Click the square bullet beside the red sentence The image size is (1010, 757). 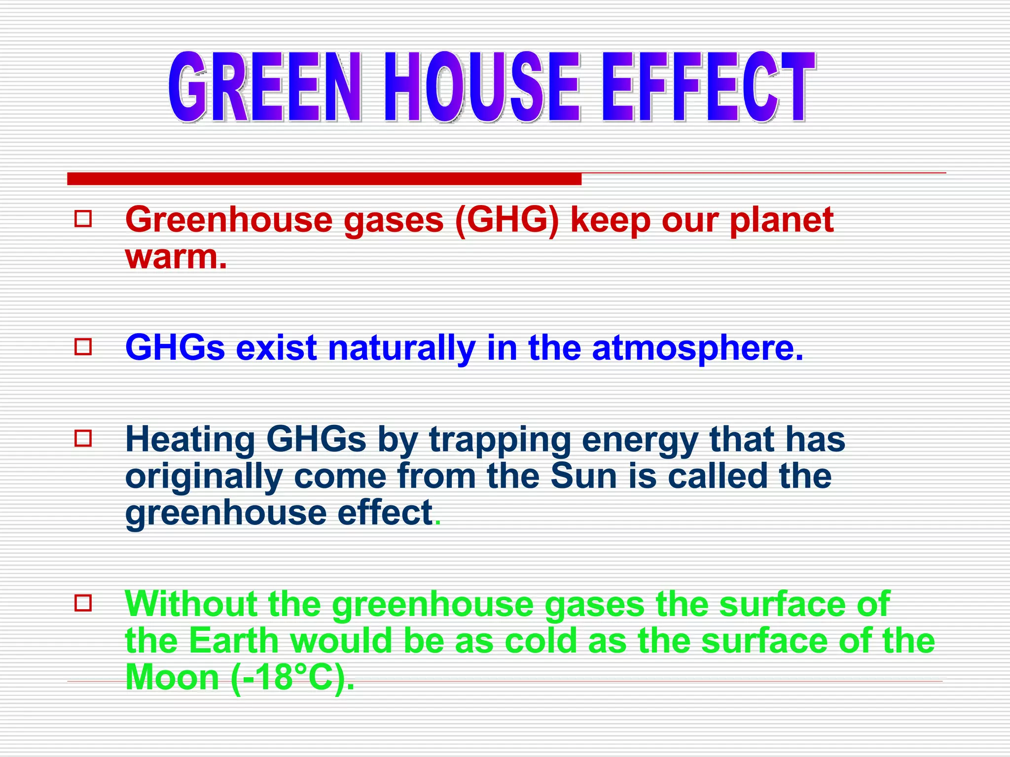click(x=83, y=219)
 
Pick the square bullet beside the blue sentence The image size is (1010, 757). click(x=83, y=346)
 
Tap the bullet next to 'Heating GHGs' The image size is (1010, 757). click(x=83, y=438)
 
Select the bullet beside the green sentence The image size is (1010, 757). click(x=83, y=603)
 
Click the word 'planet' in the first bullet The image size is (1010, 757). click(x=781, y=220)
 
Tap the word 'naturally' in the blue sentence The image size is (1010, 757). click(x=401, y=347)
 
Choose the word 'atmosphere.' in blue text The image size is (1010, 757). click(x=697, y=347)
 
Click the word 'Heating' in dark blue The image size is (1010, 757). click(x=190, y=439)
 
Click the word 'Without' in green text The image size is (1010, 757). click(x=191, y=603)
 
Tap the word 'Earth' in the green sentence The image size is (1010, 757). click(x=234, y=640)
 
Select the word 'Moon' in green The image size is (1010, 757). click(x=172, y=677)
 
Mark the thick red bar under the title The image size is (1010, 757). click(x=324, y=179)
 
